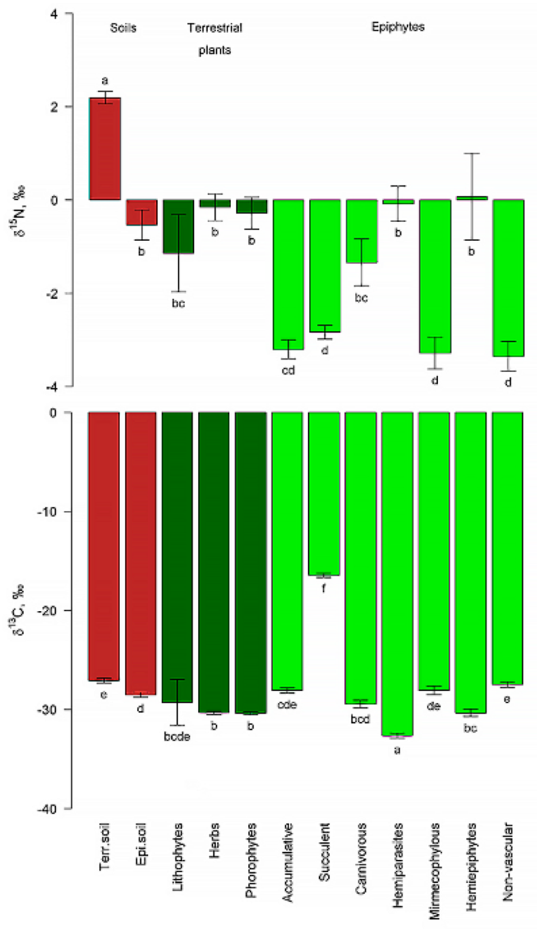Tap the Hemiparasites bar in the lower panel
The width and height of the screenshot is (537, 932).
tap(397, 574)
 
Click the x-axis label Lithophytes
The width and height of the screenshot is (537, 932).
tap(178, 857)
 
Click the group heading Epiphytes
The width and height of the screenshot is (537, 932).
tap(398, 27)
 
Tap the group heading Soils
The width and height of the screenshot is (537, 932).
tap(123, 28)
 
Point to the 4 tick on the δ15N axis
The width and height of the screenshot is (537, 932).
tap(54, 14)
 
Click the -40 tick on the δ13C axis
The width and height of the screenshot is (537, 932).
tap(47, 808)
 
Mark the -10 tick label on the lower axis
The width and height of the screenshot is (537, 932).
tap(47, 512)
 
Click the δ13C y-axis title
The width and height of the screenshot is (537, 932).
tap(19, 610)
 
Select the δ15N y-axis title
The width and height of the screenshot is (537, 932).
tap(19, 211)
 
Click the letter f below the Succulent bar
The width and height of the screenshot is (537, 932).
tap(324, 588)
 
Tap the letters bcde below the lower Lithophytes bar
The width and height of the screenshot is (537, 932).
tap(177, 737)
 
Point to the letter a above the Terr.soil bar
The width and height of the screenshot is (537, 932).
tap(105, 81)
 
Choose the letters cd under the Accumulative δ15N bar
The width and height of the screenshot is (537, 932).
tap(288, 370)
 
